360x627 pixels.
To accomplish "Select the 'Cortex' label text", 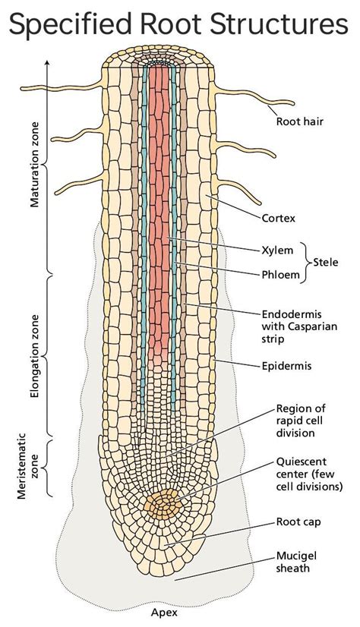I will pos(279,218).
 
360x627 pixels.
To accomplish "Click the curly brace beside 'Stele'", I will pos(306,263).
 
